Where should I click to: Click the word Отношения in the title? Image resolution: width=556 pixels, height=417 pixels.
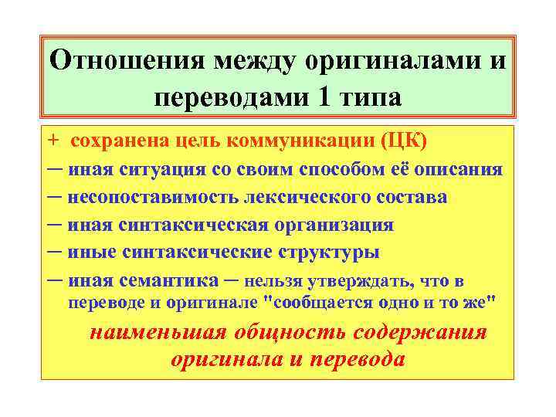[x=129, y=60]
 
